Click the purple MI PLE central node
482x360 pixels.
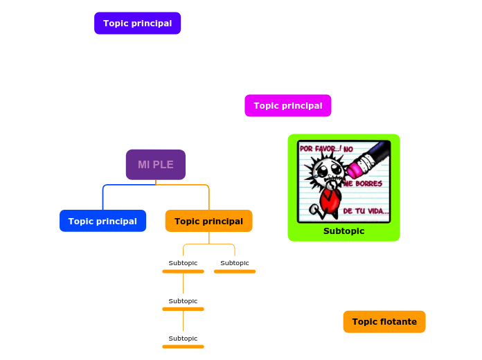pos(155,165)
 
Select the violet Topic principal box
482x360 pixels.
pos(137,24)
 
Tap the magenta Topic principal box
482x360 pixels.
pos(287,106)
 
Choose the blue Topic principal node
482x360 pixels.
pos(102,221)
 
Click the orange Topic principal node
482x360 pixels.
pos(208,221)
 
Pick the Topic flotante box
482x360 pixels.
pos(384,322)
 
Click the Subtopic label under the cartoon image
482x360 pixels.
pos(343,231)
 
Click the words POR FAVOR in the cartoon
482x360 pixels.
pos(320,149)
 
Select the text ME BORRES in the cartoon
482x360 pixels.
pos(363,184)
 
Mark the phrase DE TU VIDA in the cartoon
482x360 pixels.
pos(366,210)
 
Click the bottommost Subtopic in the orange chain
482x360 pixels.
pos(183,339)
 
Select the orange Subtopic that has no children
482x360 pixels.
pos(235,263)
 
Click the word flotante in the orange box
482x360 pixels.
pos(398,322)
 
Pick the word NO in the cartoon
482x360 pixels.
pos(348,149)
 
